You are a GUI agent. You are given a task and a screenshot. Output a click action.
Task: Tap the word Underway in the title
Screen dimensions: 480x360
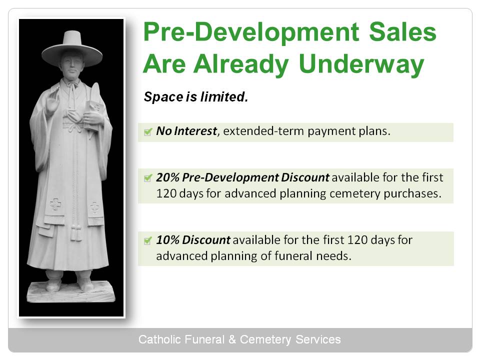point(361,65)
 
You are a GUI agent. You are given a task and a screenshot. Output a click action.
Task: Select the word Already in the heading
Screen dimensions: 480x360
point(241,65)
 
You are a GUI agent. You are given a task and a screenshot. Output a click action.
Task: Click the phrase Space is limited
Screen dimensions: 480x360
point(196,97)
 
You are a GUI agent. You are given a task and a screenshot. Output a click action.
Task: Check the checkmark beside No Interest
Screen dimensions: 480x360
point(148,132)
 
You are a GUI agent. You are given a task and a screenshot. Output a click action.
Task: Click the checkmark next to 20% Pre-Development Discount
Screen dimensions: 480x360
point(148,178)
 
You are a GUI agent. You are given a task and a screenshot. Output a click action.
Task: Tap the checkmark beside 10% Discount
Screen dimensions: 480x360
point(148,240)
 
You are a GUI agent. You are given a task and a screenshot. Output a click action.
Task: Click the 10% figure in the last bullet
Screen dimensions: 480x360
point(168,240)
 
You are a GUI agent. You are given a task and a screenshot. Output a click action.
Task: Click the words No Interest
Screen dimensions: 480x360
point(186,131)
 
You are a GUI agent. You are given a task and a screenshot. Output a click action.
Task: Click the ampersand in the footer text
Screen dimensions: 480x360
point(232,339)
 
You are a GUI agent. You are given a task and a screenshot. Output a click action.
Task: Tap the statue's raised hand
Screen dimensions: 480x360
point(53,100)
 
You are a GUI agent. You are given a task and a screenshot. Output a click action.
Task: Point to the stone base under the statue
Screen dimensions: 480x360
point(71,292)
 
